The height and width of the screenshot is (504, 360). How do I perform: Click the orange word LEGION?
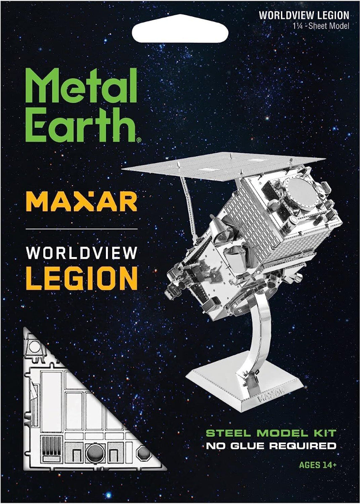point(81,278)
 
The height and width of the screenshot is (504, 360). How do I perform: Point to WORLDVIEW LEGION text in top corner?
point(304,16)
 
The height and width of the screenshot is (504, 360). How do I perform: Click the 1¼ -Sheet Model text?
point(321,26)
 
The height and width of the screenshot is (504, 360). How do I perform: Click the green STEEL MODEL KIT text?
point(271,433)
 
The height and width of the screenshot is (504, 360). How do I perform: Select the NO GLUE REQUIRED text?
point(271,446)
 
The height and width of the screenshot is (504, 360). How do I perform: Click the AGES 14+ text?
point(317,465)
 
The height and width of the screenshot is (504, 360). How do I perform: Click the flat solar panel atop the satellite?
point(223,164)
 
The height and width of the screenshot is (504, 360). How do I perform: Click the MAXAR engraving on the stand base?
point(270,395)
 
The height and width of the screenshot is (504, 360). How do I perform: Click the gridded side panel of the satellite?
point(244,223)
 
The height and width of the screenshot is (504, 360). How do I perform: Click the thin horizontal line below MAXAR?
point(81,229)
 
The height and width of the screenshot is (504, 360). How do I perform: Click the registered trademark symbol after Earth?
point(139,141)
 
